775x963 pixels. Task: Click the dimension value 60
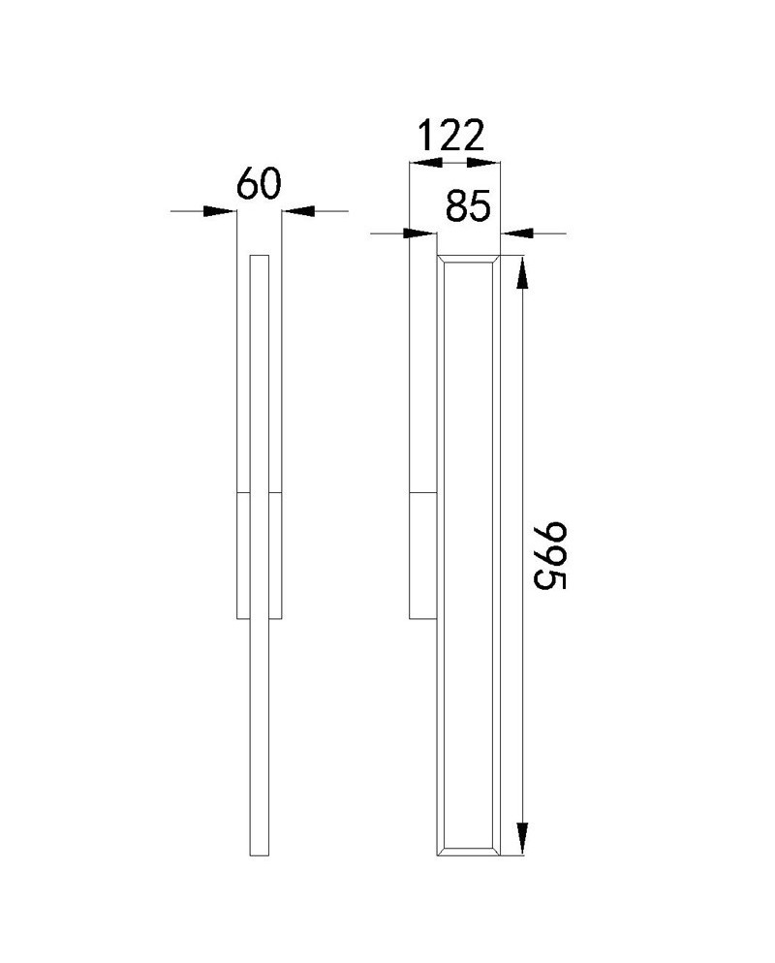click(259, 183)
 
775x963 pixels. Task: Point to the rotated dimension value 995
click(547, 556)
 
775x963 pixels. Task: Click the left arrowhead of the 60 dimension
click(220, 211)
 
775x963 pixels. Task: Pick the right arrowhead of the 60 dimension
click(297, 211)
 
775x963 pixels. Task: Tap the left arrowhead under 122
click(426, 163)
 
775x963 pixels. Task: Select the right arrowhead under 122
click(483, 163)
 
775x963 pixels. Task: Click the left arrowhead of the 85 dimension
click(419, 233)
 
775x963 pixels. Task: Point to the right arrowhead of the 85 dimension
click(517, 233)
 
